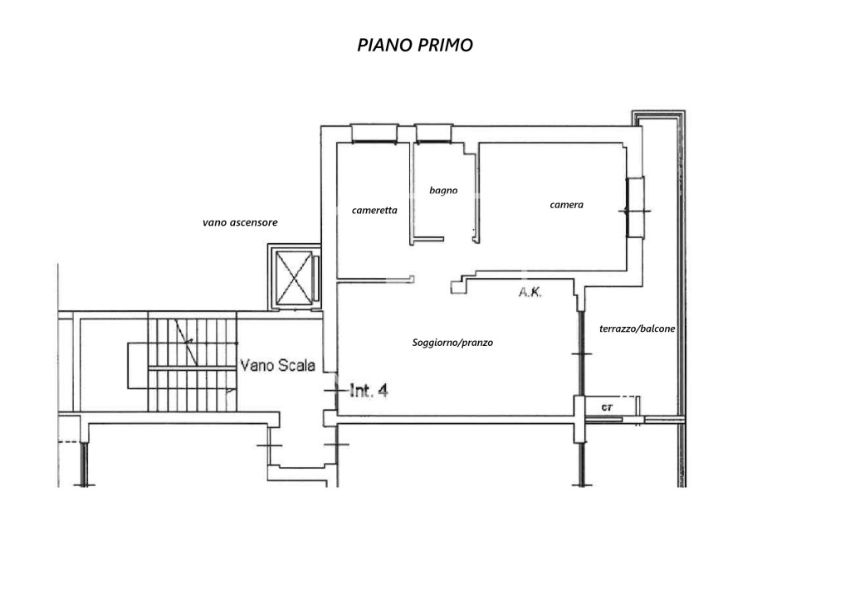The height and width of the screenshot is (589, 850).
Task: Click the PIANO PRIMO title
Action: click(415, 45)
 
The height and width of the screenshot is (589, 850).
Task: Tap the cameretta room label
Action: click(374, 210)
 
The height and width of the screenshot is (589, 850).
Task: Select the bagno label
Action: click(443, 190)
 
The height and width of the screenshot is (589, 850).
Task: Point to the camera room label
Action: click(566, 205)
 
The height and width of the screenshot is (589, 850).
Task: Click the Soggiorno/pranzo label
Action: click(452, 343)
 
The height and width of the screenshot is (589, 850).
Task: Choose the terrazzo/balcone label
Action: click(637, 329)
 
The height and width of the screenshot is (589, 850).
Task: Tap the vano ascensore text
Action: click(240, 222)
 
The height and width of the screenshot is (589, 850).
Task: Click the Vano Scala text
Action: click(277, 365)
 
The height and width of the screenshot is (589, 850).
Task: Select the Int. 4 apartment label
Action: click(369, 390)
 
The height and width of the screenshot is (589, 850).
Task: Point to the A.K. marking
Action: click(530, 292)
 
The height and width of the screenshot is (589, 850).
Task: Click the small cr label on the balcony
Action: click(607, 407)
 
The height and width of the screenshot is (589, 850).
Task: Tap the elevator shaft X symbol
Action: click(295, 278)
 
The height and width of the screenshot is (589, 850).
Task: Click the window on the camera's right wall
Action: click(635, 207)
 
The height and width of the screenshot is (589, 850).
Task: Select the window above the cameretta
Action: click(374, 134)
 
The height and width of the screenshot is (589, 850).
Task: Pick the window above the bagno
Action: click(433, 134)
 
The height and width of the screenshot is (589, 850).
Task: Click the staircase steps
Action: click(192, 365)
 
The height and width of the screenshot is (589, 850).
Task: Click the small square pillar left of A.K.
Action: click(458, 287)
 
